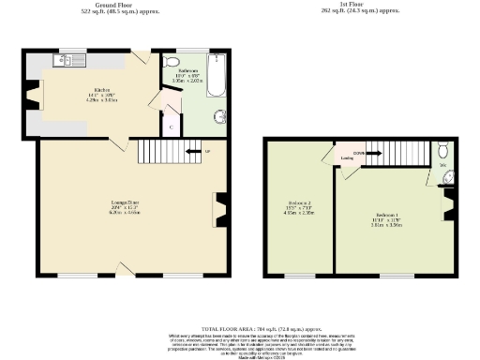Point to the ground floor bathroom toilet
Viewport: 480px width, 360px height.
click(x=169, y=63)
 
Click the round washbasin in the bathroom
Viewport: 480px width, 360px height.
click(x=220, y=116)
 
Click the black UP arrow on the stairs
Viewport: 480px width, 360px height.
click(x=194, y=150)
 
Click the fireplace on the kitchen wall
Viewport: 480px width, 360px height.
click(x=37, y=96)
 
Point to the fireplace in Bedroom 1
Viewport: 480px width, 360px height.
click(x=446, y=202)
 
